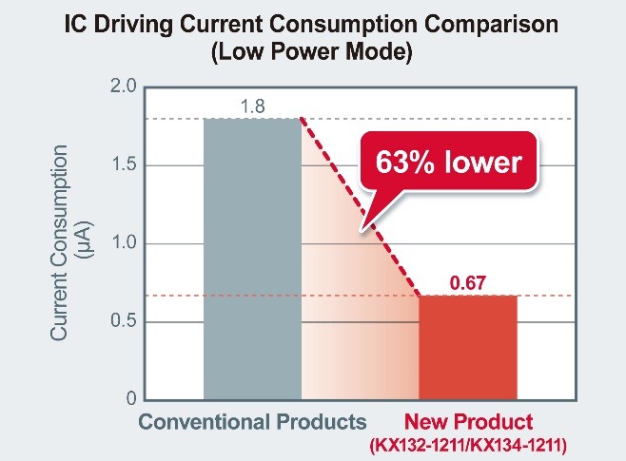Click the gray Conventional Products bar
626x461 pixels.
click(252, 257)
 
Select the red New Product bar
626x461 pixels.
click(468, 347)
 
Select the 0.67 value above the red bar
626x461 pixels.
click(468, 282)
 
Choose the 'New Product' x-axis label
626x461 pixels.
click(469, 421)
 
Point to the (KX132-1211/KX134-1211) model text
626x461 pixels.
click(469, 443)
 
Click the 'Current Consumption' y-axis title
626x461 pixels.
click(59, 243)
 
